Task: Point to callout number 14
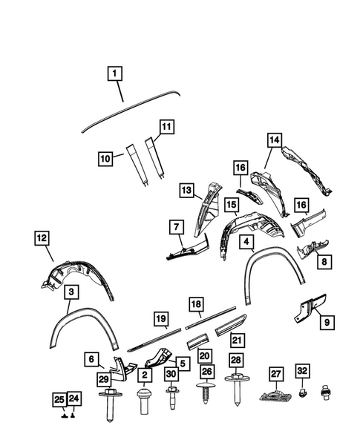pyautogui.click(x=275, y=139)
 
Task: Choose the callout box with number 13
pyautogui.click(x=186, y=191)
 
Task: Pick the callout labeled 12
pyautogui.click(x=41, y=238)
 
